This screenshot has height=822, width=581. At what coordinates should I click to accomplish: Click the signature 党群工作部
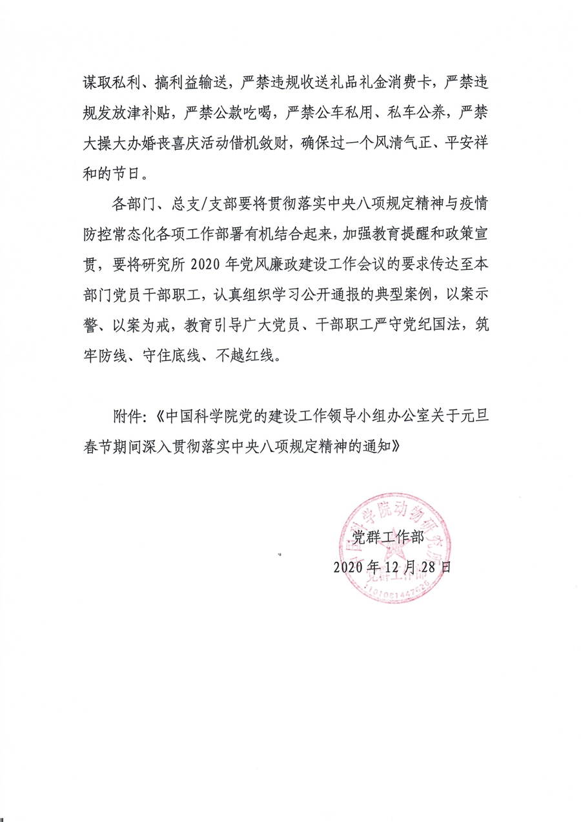tap(386, 536)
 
